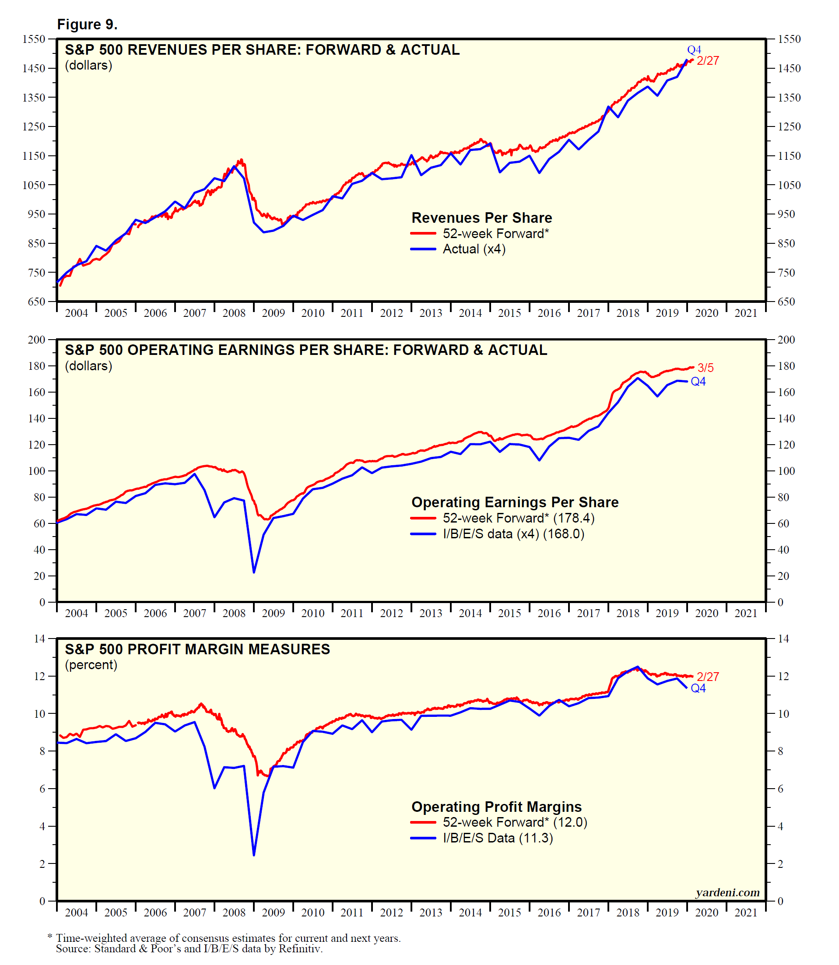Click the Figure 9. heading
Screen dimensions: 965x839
tap(87, 25)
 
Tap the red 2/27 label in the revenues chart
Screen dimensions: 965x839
tap(707, 61)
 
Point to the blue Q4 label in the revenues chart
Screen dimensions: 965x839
tap(694, 49)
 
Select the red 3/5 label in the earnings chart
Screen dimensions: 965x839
tap(706, 368)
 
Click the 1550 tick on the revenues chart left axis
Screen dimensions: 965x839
tap(34, 39)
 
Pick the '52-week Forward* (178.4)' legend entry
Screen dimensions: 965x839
tap(518, 518)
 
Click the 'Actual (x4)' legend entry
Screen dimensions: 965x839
tap(474, 249)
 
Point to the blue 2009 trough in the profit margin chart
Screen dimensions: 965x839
tap(254, 855)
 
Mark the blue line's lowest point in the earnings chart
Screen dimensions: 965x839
tap(254, 572)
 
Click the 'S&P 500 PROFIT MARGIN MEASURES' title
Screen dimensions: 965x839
tap(197, 649)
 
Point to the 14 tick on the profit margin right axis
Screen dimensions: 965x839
tap(783, 639)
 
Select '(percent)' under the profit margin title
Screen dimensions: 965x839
tap(91, 665)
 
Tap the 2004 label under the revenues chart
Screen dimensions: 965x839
tap(76, 313)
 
